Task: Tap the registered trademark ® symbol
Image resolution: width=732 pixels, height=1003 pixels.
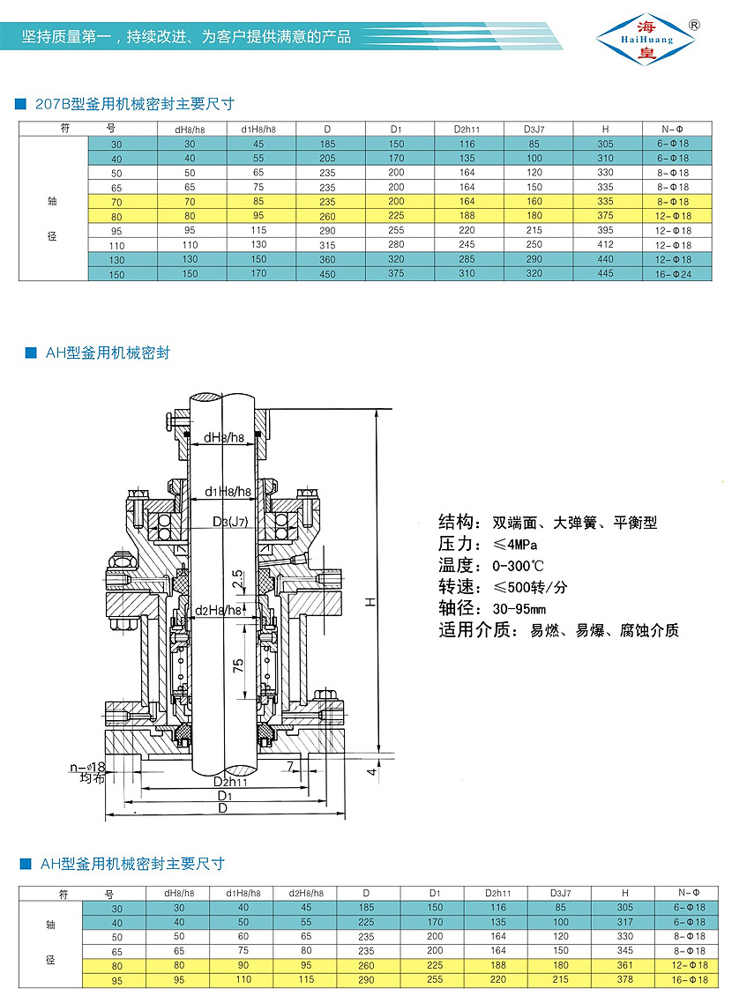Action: (694, 26)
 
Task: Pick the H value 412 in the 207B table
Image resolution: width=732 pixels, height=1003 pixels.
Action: (605, 245)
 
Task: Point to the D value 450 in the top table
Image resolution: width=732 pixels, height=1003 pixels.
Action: (327, 273)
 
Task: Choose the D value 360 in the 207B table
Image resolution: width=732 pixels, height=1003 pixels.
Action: (327, 259)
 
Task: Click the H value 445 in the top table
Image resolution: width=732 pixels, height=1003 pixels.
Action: (605, 273)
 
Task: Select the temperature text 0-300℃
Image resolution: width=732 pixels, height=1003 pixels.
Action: (520, 565)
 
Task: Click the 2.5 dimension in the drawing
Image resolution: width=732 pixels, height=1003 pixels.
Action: (237, 579)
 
